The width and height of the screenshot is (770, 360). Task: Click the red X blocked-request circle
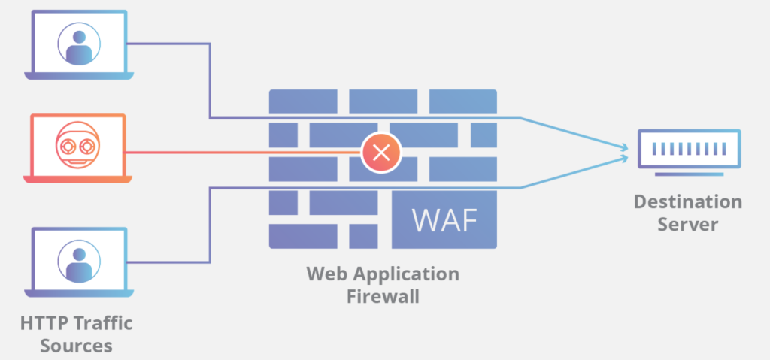click(381, 153)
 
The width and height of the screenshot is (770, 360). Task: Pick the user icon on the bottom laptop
click(78, 259)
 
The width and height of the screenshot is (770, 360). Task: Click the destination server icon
click(688, 149)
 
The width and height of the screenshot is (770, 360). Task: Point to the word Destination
click(687, 202)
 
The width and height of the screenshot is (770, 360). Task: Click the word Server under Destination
click(687, 224)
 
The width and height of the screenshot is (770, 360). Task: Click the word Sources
click(77, 346)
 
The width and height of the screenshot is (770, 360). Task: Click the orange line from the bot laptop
click(241, 153)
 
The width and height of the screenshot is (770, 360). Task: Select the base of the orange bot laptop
click(78, 180)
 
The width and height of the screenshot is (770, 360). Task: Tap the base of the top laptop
click(78, 76)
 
